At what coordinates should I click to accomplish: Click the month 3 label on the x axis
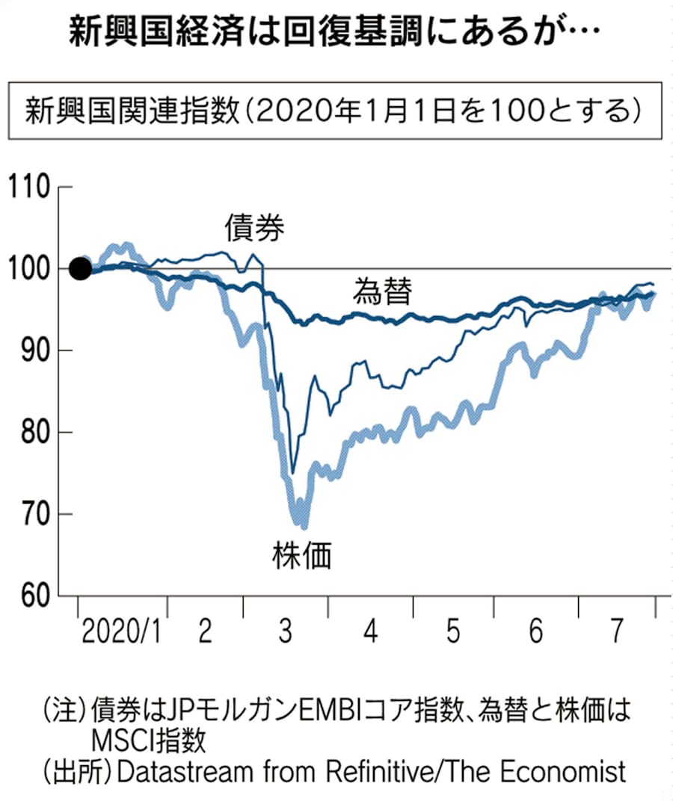click(285, 633)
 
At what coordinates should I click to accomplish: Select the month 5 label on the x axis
click(452, 633)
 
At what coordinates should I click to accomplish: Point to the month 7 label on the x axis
click(618, 633)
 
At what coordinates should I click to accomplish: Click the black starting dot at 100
click(80, 269)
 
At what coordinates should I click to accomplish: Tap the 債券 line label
click(255, 227)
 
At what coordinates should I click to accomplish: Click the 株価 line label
click(301, 556)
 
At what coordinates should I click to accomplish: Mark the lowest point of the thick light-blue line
click(304, 525)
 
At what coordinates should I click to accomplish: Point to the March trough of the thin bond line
click(292, 472)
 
